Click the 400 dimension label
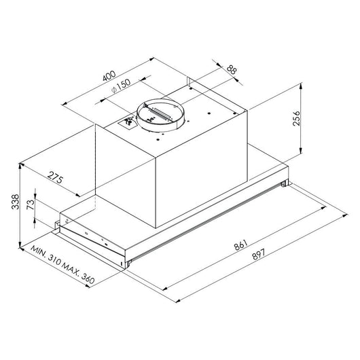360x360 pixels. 109,76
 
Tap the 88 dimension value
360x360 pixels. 232,70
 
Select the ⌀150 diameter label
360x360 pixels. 121,86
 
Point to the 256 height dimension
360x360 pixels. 296,118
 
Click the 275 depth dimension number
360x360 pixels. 55,177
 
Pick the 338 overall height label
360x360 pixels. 16,202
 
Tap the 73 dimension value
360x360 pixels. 31,204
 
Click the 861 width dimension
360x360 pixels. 240,245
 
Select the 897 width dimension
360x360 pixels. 259,255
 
